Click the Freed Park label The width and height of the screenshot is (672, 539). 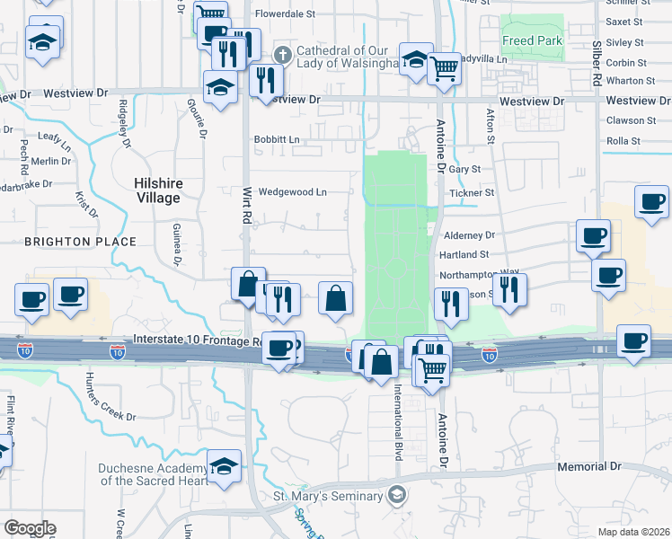point(532,40)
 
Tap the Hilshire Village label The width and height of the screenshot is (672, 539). point(158,190)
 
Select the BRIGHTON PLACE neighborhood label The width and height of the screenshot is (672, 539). point(80,242)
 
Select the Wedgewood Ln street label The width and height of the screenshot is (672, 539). point(292,191)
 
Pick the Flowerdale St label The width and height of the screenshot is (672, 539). point(286,14)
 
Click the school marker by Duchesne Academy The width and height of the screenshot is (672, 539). point(224,465)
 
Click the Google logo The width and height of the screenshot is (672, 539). point(30,528)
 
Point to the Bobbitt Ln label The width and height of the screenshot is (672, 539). point(276,139)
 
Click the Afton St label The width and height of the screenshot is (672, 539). point(491,126)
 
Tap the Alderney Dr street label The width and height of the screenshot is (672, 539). point(470,234)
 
